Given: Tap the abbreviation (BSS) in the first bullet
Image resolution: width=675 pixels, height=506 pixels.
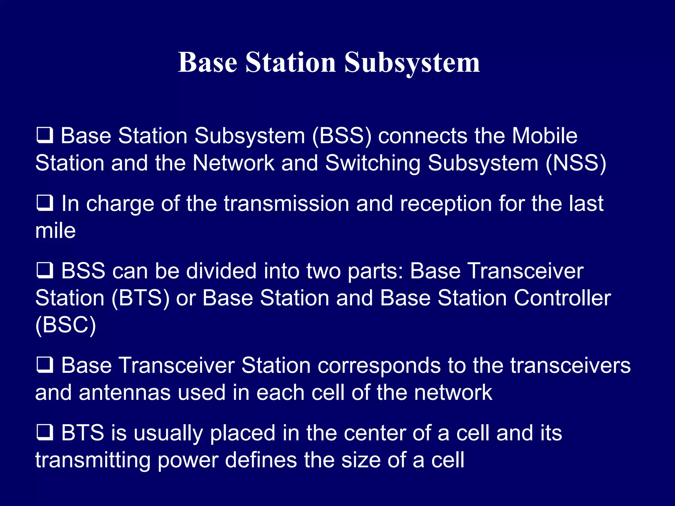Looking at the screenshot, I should [341, 136].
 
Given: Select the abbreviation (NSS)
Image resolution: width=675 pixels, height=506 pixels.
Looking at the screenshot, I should [576, 163].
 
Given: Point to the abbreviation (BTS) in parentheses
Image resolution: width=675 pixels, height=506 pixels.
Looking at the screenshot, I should [141, 298].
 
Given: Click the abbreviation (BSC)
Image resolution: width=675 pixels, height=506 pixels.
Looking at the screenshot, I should [66, 325].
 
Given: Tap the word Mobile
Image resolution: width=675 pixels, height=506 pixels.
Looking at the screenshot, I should [544, 136].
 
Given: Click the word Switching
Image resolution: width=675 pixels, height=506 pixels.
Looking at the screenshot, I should [373, 163].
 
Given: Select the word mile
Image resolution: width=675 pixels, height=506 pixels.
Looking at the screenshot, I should [55, 231].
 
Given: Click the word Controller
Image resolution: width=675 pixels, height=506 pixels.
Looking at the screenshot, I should [562, 298].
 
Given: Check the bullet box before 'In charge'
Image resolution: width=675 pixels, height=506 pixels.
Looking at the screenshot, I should [44, 203].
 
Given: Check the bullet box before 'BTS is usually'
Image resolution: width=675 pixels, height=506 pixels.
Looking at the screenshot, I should [44, 433].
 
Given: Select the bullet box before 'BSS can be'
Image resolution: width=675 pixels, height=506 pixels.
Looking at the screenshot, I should [44, 270].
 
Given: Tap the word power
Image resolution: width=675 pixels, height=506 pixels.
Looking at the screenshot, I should [188, 460].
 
